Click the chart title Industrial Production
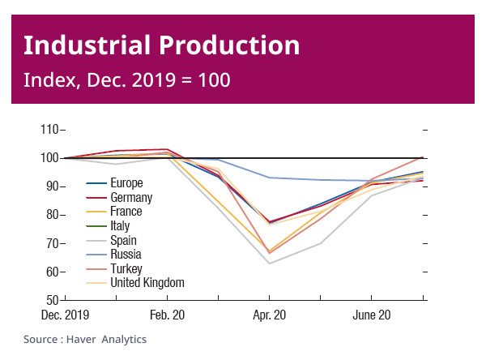pos(161,45)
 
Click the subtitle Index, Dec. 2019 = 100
pos(127,80)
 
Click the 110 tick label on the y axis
pos(49,129)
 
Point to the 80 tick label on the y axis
pos(52,215)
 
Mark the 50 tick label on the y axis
pos(52,301)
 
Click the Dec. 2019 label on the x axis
pos(65,315)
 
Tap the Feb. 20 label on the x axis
pos(167,315)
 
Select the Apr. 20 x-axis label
pos(270,315)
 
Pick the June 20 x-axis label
pos(373,315)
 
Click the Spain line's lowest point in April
pos(269,263)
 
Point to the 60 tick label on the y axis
pos(52,272)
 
